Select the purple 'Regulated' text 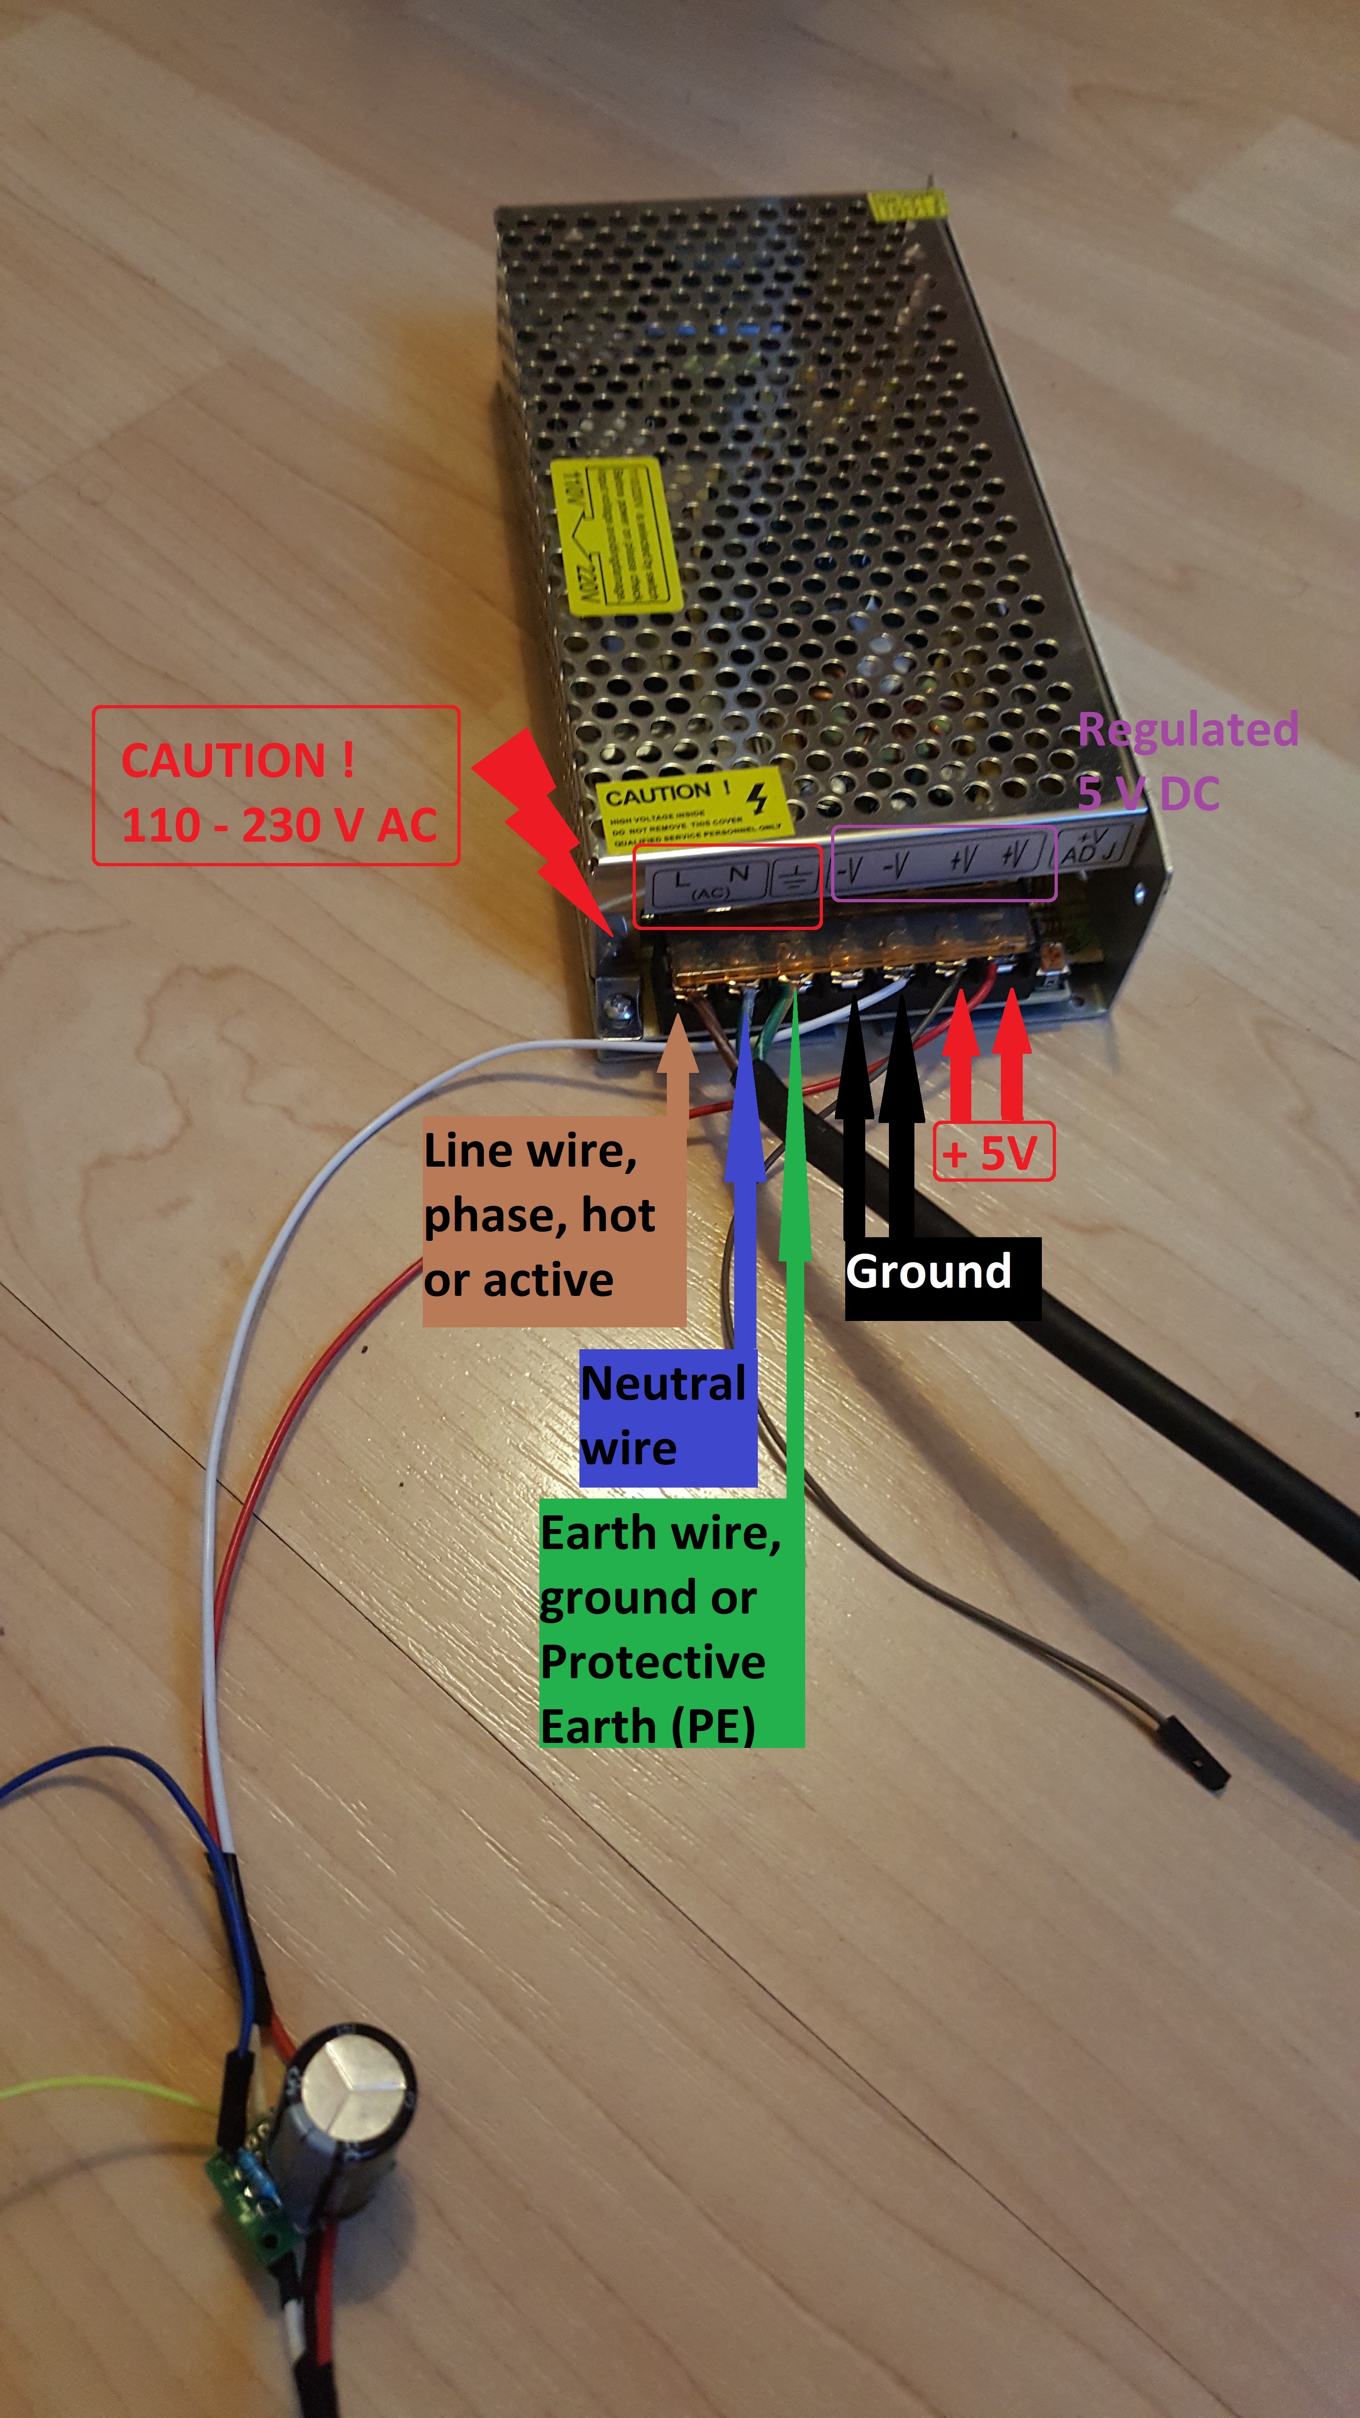coord(1187,729)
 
